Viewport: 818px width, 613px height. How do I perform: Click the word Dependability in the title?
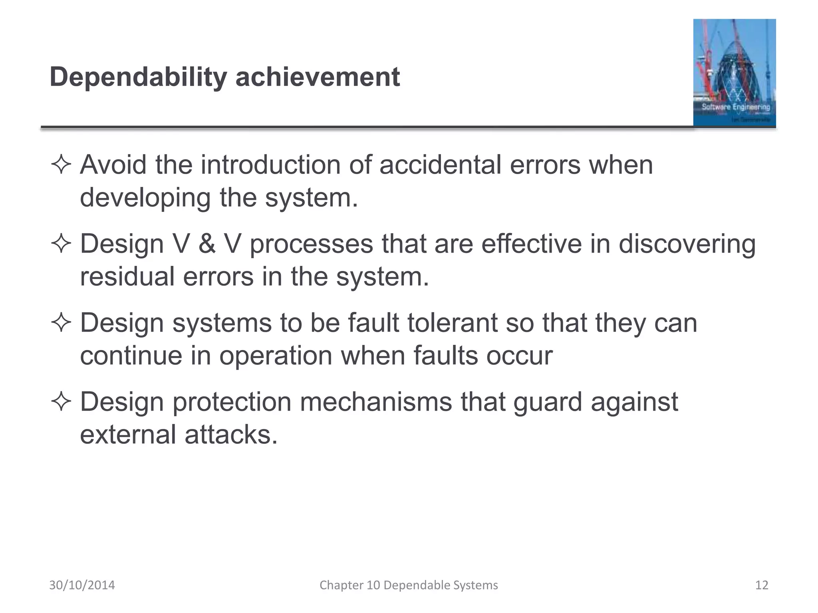pos(138,77)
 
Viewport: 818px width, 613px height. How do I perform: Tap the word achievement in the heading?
pos(318,77)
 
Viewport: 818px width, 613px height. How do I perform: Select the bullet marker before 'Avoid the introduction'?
pos(61,165)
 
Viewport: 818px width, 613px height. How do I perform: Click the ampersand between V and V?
pos(207,243)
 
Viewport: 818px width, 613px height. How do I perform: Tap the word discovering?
pos(687,243)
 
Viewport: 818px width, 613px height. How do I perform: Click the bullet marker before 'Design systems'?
pos(61,323)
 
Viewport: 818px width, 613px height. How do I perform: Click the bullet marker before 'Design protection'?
pos(61,402)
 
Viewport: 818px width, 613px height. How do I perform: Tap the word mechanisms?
pos(376,401)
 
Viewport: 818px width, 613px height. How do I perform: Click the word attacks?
pos(231,434)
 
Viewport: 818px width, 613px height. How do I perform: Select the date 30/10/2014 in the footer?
pos(82,585)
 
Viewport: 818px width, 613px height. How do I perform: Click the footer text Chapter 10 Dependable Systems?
pos(409,585)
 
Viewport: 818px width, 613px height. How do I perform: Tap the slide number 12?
pos(762,585)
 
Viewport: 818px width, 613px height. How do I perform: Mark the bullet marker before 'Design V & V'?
pos(61,244)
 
